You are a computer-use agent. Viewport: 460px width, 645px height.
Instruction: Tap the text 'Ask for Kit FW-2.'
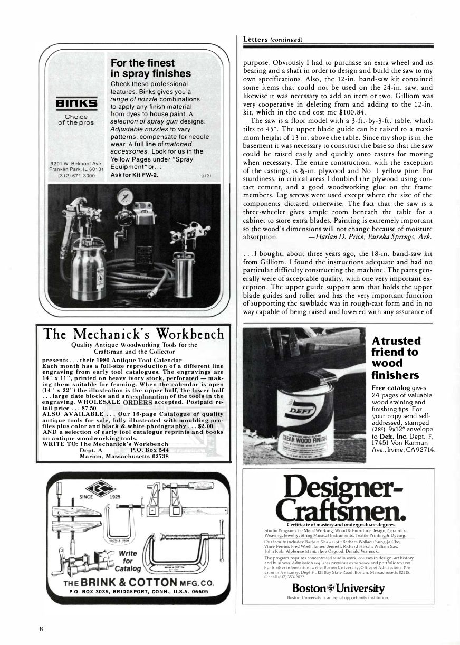click(x=136, y=176)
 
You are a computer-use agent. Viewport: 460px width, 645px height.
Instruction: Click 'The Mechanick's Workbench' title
click(x=134, y=334)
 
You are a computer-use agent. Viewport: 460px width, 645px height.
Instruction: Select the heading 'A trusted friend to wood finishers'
click(x=399, y=357)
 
